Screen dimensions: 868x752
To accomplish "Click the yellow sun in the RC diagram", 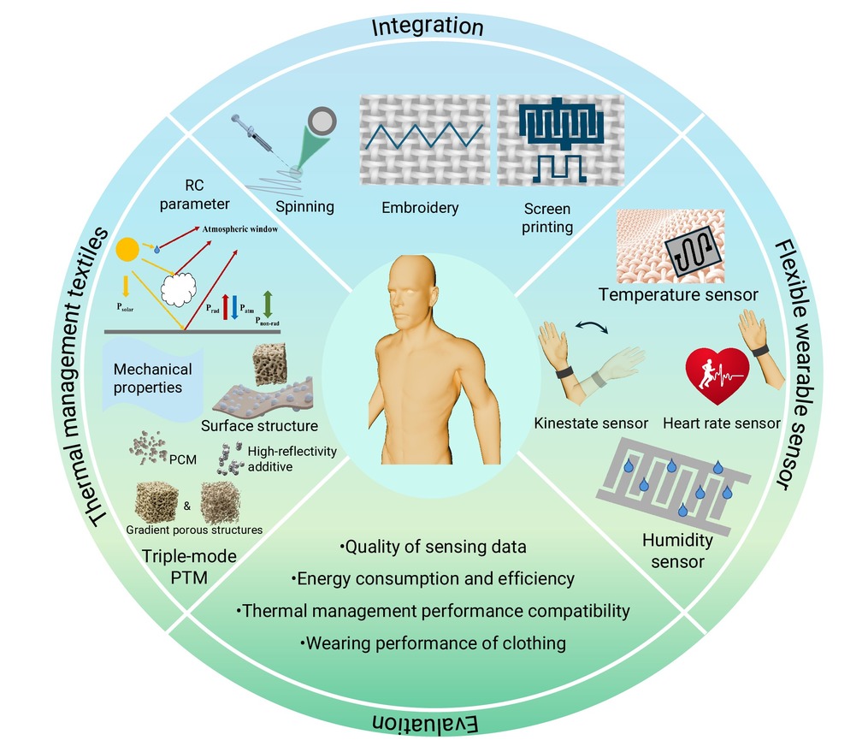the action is coord(127,250).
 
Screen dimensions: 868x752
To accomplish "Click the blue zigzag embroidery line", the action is coord(424,136).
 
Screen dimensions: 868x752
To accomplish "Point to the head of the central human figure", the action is coord(412,291).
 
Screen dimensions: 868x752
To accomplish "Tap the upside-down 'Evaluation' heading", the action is coord(424,723).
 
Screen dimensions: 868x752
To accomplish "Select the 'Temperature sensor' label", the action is coord(678,294).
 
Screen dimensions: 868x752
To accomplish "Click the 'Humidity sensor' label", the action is coord(677,550).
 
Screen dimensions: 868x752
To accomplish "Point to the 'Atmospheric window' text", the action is coord(239,228).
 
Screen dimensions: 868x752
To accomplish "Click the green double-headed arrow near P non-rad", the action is coord(268,304).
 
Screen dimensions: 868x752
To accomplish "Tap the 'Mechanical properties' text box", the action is coord(152,378).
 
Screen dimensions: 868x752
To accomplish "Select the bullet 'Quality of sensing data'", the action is coord(433,548).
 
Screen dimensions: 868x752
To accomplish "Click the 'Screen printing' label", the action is coord(547,217).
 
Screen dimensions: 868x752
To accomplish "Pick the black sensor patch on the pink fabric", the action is coord(693,251).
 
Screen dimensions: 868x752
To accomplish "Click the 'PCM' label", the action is coord(183,459).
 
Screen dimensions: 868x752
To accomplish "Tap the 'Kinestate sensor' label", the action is coord(591,423).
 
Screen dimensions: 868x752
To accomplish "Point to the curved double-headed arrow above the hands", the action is coord(592,326).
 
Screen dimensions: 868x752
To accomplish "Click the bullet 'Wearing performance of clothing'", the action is coord(433,643).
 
